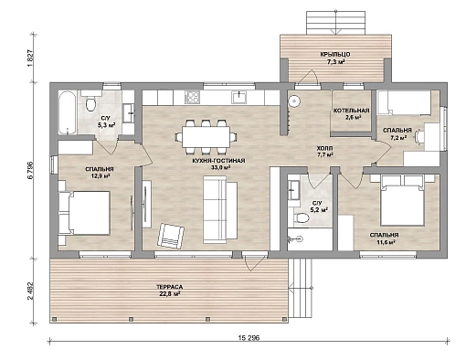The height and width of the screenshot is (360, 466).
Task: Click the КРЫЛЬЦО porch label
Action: [x=335, y=55]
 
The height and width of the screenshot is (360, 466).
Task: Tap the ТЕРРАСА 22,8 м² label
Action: [x=169, y=291]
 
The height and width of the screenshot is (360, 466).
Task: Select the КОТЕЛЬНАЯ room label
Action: [x=352, y=111]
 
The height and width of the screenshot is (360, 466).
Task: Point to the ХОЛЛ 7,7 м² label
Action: [x=325, y=152]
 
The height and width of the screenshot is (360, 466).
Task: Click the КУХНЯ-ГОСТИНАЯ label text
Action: [x=218, y=161]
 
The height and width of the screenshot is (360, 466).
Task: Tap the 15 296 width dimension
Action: [x=249, y=338]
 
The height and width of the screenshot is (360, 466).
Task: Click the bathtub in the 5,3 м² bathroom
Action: [x=67, y=112]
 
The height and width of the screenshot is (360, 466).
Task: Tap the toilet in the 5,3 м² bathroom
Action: [x=90, y=101]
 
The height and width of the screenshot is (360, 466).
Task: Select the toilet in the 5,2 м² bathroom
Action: [x=301, y=217]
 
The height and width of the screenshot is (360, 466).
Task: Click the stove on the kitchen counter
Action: [x=193, y=98]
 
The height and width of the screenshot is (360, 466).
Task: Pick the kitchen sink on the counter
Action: [x=240, y=97]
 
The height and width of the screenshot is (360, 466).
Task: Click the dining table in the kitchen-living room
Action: [x=207, y=137]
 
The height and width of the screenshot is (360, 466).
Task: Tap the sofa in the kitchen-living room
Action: [x=220, y=211]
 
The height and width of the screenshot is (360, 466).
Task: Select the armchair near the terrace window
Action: [x=171, y=236]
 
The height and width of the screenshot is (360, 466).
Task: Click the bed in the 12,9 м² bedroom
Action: [x=89, y=213]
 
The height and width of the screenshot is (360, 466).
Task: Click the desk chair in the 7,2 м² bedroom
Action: [x=419, y=136]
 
